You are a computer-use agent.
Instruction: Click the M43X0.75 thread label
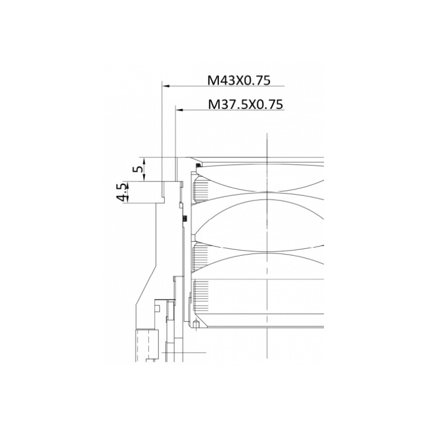239,81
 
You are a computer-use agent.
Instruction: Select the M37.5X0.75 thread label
246,104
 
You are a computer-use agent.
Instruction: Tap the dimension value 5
139,169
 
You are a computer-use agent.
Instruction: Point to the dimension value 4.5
122,192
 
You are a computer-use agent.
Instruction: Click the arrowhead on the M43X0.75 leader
166,86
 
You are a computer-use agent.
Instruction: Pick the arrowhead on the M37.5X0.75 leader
179,110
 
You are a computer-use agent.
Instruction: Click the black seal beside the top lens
198,165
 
